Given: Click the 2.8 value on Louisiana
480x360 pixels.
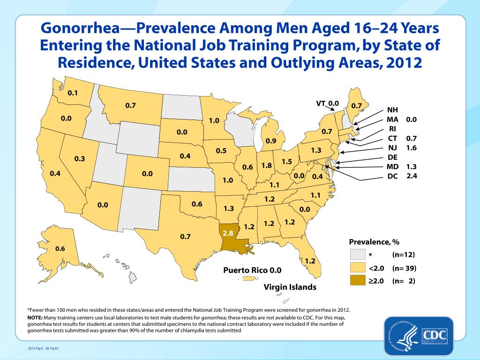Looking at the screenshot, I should [228, 232].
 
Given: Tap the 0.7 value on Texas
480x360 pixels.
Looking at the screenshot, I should [185, 237].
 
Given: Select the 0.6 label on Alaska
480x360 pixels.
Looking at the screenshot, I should [60, 248].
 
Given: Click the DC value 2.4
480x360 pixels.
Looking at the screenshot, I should [412, 176].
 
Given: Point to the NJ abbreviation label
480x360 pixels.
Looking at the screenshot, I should [393, 148].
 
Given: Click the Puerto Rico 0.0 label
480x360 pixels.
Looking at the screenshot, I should [252, 270].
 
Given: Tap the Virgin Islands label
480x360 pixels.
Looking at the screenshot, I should [290, 286].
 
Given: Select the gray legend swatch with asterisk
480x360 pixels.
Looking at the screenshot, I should [357, 255].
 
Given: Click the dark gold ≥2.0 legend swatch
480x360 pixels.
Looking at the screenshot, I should [357, 281].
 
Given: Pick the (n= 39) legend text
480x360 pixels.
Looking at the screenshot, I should [404, 268].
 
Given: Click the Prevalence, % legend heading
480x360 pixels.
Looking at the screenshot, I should [374, 242].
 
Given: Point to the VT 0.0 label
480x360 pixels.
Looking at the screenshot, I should [327, 103].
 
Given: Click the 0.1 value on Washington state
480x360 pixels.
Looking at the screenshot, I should [73, 93].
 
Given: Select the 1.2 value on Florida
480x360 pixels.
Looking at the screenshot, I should [309, 261].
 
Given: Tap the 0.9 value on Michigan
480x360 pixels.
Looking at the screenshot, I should [270, 141].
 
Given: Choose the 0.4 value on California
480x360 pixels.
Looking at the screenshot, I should [55, 174].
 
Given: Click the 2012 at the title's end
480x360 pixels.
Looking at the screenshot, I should [403, 62].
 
